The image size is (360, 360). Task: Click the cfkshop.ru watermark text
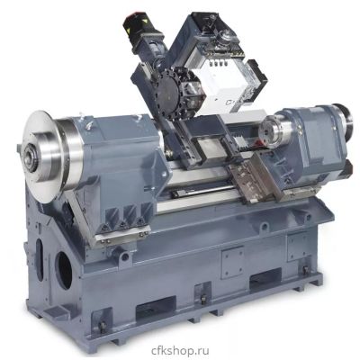coord(180,350)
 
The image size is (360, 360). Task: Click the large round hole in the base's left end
coord(64,271)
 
